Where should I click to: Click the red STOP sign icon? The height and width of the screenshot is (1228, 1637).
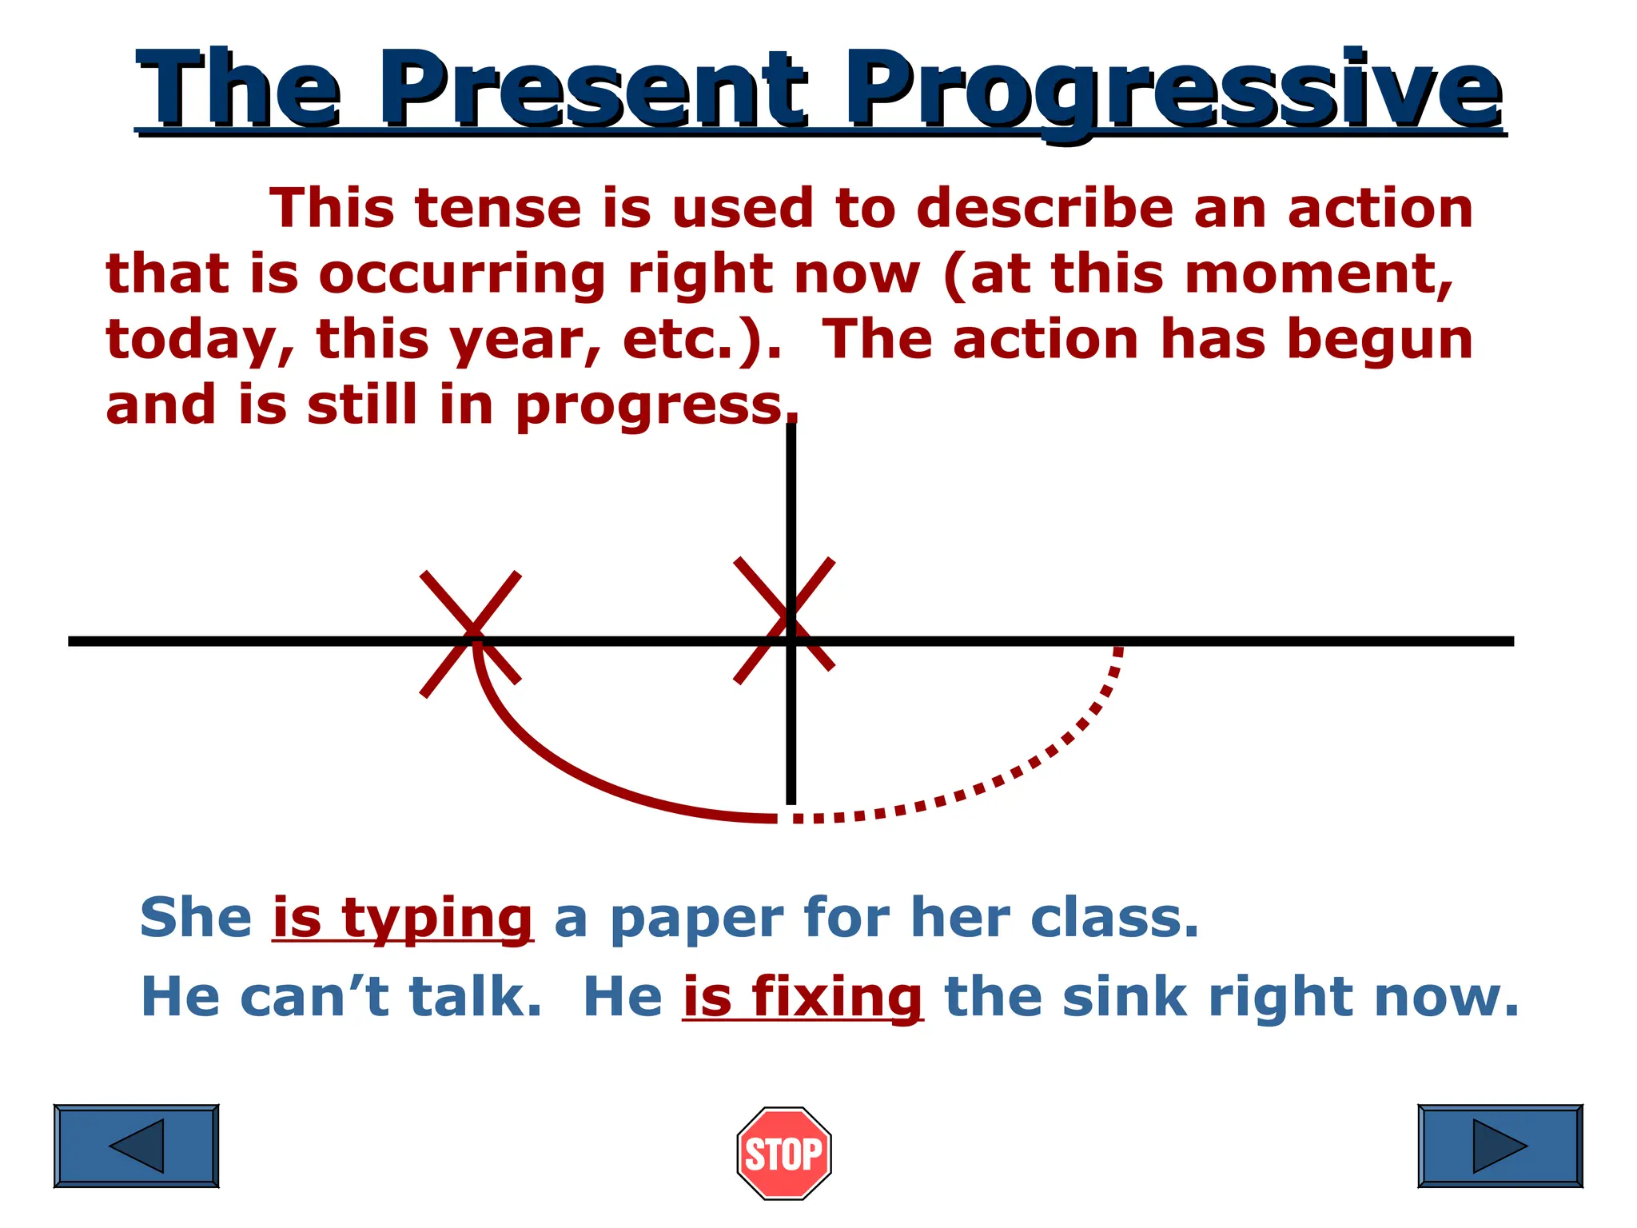(x=783, y=1153)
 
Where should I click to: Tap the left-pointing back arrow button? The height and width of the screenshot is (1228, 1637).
(x=136, y=1146)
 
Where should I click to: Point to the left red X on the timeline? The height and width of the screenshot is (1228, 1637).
(x=471, y=634)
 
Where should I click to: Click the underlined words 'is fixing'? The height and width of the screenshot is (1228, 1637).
(x=803, y=997)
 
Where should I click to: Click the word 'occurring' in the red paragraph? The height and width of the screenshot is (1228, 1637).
(x=462, y=274)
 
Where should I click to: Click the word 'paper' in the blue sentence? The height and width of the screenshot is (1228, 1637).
(x=696, y=919)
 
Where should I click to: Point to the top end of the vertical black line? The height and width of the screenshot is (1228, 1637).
(x=791, y=427)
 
